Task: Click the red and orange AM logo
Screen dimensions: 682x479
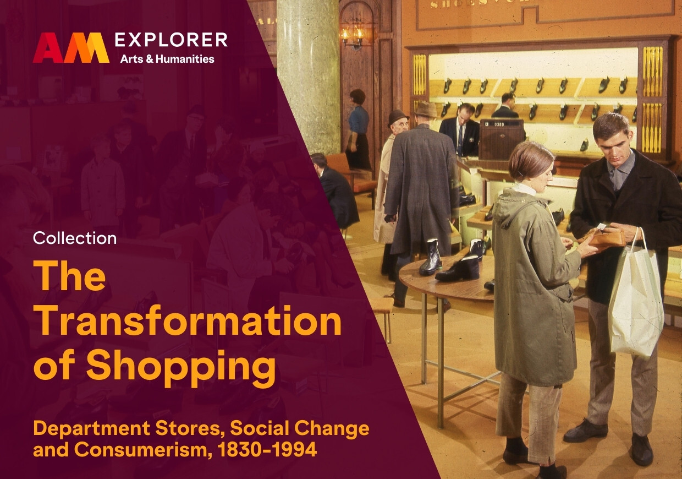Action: [x=71, y=47]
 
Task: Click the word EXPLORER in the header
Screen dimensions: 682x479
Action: [x=171, y=40]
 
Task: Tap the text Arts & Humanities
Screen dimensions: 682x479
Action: [x=167, y=59]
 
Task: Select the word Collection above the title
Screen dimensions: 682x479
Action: [x=75, y=238]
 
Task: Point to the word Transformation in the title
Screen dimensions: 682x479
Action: [x=188, y=321]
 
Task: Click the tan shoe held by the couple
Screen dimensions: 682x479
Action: [x=604, y=238]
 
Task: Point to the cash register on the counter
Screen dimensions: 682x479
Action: [x=502, y=139]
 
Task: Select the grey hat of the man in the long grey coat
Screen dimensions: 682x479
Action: [x=426, y=110]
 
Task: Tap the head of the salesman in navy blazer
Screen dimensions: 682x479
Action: [x=466, y=113]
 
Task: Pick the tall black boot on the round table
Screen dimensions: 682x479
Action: [x=430, y=258]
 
